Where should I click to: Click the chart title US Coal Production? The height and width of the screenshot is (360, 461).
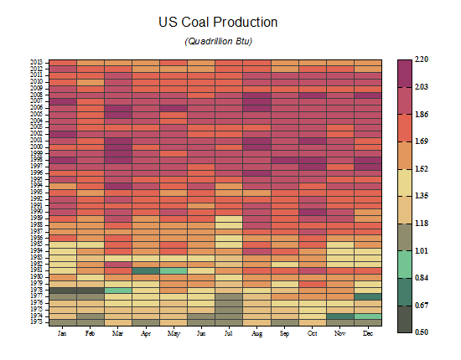tap(218, 22)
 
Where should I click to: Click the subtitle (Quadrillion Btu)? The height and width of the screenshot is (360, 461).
tap(218, 41)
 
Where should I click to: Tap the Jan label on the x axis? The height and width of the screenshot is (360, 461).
tap(63, 333)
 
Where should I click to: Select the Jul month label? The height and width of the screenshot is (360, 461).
tap(229, 333)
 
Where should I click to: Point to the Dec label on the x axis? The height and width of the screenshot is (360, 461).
tap(367, 333)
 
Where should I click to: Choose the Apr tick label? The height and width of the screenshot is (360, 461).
tap(146, 333)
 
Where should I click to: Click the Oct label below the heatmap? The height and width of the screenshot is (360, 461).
tap(312, 333)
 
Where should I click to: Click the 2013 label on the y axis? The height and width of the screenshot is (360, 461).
tap(37, 62)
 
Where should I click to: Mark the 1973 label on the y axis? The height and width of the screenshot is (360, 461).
tap(37, 321)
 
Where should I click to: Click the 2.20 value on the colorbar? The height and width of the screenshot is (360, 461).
tap(422, 59)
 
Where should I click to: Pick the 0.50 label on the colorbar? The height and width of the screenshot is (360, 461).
tap(422, 332)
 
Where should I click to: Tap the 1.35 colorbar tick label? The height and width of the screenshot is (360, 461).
tap(422, 196)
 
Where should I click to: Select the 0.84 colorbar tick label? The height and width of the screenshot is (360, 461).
tap(422, 278)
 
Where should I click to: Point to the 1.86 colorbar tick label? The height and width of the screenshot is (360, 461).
tap(422, 114)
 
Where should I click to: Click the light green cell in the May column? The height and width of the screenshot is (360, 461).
tap(174, 270)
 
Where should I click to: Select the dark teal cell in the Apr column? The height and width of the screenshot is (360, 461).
tap(146, 270)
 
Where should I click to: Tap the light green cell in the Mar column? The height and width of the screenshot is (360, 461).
tap(118, 290)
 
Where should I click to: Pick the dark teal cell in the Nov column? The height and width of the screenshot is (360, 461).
tap(339, 316)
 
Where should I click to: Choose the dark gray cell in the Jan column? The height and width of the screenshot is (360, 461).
tap(63, 290)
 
